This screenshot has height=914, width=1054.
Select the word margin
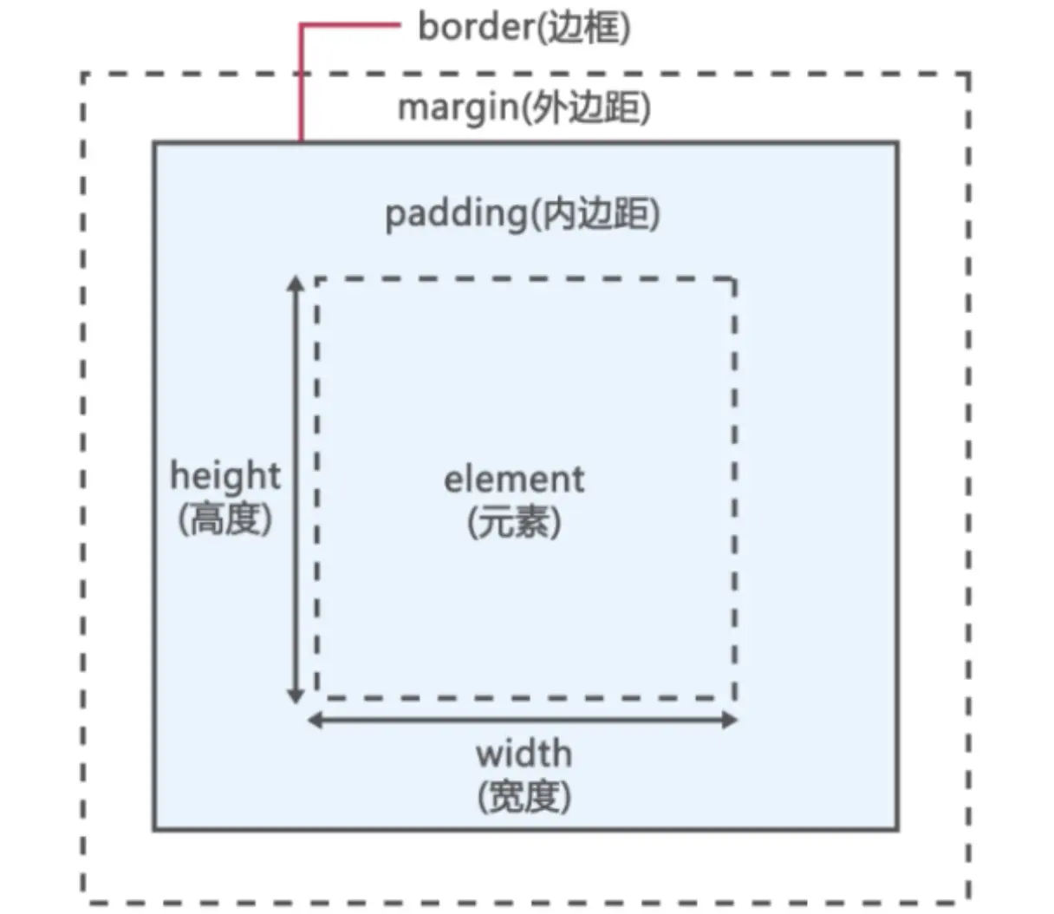click(455, 108)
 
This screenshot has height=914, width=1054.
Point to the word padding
click(455, 213)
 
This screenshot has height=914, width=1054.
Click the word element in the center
click(514, 480)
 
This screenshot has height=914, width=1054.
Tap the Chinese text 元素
click(514, 522)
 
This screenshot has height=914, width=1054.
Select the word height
click(225, 476)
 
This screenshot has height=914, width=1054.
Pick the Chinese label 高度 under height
click(225, 519)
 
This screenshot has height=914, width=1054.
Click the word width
click(524, 753)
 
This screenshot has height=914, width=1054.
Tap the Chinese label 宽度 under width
click(524, 796)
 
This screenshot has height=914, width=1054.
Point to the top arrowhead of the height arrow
click(296, 283)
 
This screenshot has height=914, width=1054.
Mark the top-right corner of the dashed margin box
click(968, 75)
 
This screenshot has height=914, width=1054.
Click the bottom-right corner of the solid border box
click(897, 830)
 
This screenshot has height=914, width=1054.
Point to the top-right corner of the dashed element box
click(735, 279)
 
